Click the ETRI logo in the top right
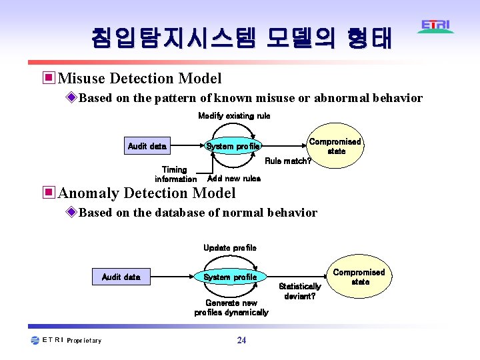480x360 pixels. [x=436, y=27]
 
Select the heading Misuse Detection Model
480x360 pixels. [x=140, y=79]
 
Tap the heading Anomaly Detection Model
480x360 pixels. [x=147, y=193]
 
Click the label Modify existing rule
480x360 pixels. [x=234, y=116]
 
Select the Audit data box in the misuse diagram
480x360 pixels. [x=147, y=146]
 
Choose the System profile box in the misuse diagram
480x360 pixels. [x=233, y=146]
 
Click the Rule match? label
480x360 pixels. [x=288, y=161]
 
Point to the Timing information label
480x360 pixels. [x=175, y=175]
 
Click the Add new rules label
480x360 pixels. [x=234, y=179]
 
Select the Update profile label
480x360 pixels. [x=230, y=248]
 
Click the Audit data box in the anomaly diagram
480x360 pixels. [x=121, y=277]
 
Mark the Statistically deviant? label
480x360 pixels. [x=300, y=291]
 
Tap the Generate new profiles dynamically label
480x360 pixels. [x=231, y=308]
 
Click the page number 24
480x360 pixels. [x=241, y=341]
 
